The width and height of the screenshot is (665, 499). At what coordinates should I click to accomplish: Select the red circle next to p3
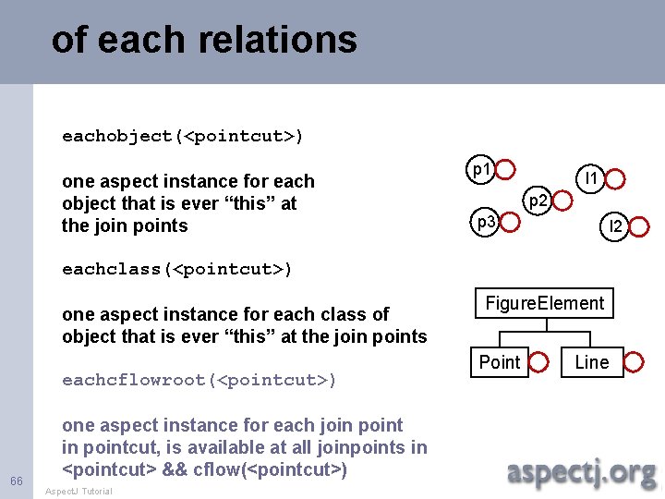pos(509,223)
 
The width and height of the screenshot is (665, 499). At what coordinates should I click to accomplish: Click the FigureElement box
pos(545,304)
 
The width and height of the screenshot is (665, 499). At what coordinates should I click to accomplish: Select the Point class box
pos(500,362)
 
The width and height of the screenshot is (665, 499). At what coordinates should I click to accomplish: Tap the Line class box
pos(592,362)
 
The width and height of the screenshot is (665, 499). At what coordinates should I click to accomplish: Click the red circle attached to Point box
pos(540,362)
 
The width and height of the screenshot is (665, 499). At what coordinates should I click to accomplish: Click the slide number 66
pos(17,481)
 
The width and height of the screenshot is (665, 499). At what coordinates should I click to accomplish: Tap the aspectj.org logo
pos(581,472)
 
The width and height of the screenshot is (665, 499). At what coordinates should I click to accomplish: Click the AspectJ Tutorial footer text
pos(79,492)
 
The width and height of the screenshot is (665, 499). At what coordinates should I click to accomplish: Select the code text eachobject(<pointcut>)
pos(183,137)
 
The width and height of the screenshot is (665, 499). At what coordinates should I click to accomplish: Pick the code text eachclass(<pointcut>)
pos(177,270)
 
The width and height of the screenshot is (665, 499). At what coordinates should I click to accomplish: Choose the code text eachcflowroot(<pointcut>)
pos(199,380)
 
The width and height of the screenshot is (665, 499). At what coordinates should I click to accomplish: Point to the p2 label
pos(538,199)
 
